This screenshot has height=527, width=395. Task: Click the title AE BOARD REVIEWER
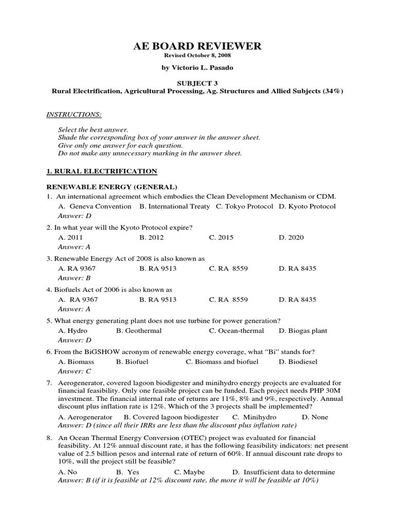tap(197, 46)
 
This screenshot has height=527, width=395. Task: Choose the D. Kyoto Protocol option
tap(307, 206)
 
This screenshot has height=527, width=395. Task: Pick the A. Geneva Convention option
tap(95, 206)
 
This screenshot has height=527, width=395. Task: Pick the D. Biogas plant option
tap(303, 331)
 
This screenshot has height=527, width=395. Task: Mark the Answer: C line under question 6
tap(75, 371)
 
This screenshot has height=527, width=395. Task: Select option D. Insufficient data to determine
tap(283, 472)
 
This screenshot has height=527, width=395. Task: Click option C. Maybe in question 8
tap(189, 472)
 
